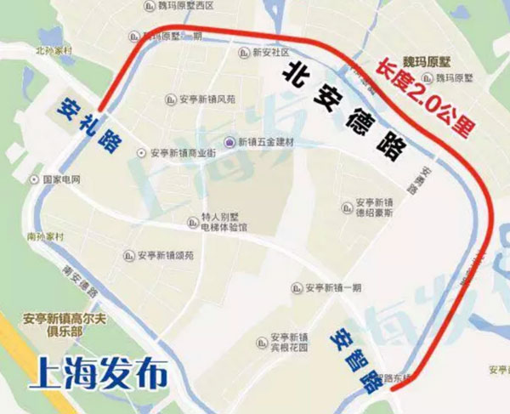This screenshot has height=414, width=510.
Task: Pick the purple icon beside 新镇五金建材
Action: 228,141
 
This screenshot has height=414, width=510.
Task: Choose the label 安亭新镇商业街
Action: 184,153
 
